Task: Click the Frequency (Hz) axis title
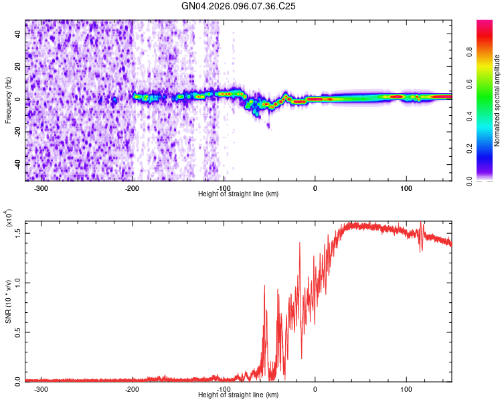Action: click(x=8, y=100)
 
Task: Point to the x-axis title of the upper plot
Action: click(x=238, y=194)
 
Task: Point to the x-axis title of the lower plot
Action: click(x=238, y=395)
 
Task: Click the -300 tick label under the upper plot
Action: click(x=41, y=188)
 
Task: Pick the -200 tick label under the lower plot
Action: click(x=133, y=389)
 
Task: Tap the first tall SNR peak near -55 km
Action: click(x=265, y=287)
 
